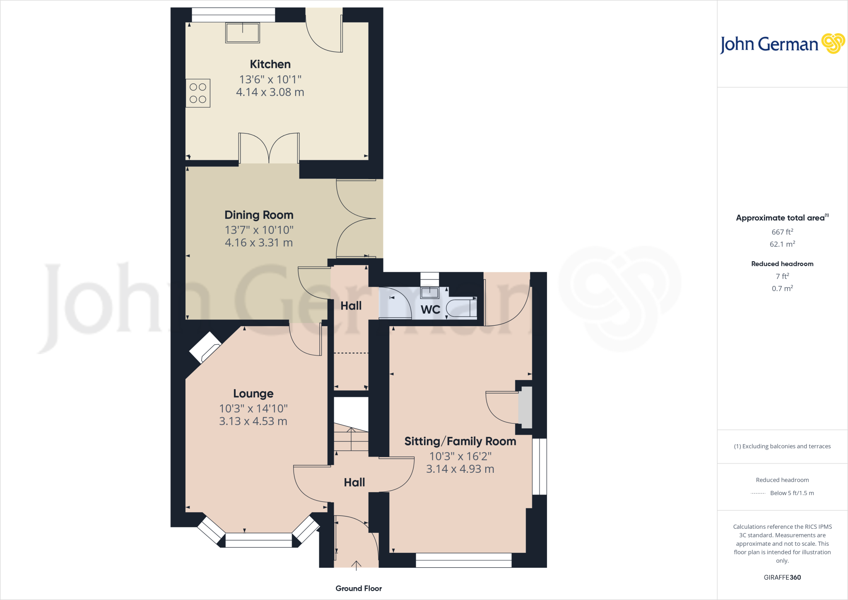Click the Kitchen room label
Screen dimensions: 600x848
pyautogui.click(x=270, y=64)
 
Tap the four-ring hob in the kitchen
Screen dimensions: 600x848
pyautogui.click(x=198, y=93)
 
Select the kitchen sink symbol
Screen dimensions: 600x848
pyautogui.click(x=243, y=33)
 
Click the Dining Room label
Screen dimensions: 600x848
pyautogui.click(x=259, y=215)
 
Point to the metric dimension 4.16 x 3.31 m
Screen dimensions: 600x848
pyautogui.click(x=259, y=243)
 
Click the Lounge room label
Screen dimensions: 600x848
pyautogui.click(x=253, y=394)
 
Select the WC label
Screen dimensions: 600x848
pyautogui.click(x=430, y=310)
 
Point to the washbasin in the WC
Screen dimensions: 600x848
pyautogui.click(x=430, y=293)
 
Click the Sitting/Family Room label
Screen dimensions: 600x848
pyautogui.click(x=460, y=441)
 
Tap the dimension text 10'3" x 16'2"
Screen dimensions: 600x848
pyautogui.click(x=460, y=456)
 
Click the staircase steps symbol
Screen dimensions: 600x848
pyautogui.click(x=351, y=439)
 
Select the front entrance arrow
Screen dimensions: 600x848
pyautogui.click(x=356, y=565)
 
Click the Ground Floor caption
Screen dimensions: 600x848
pyautogui.click(x=359, y=588)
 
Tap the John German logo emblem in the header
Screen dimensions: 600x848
pyautogui.click(x=833, y=44)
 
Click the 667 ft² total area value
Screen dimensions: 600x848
pyautogui.click(x=782, y=232)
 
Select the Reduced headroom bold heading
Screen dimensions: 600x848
pyautogui.click(x=782, y=264)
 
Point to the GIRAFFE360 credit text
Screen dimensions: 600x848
pyautogui.click(x=782, y=577)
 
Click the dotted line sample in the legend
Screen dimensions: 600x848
pyautogui.click(x=758, y=494)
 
